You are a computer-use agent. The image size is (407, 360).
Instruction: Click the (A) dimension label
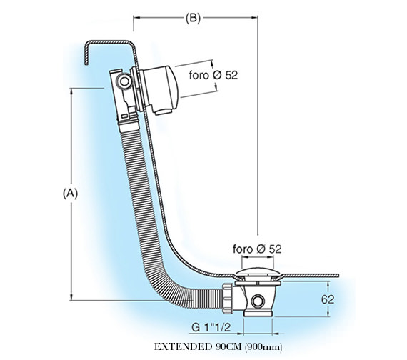pyautogui.click(x=70, y=194)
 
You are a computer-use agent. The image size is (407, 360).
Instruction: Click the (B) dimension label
pyautogui.click(x=193, y=19)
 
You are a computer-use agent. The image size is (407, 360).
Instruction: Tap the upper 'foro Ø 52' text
pyautogui.click(x=213, y=75)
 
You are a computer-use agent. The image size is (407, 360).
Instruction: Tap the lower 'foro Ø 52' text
pyautogui.click(x=257, y=249)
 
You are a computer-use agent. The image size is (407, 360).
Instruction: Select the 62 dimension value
pyautogui.click(x=328, y=299)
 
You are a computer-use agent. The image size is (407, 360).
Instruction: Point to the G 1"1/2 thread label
pyautogui.click(x=211, y=327)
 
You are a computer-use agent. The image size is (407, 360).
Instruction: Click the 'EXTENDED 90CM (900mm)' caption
pyautogui.click(x=218, y=346)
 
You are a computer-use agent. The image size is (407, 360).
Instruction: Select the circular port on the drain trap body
pyautogui.click(x=258, y=301)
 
